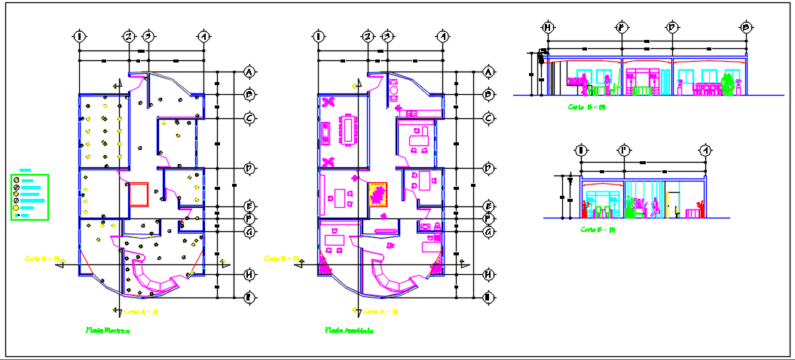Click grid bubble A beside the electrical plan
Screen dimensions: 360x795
point(249,72)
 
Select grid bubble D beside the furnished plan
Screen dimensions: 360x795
point(488,167)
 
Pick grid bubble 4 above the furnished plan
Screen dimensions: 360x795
point(443,36)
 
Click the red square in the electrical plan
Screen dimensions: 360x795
point(139,194)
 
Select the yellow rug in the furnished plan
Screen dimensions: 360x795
point(378,194)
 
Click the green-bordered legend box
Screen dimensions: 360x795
point(29,197)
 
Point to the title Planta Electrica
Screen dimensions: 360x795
point(108,330)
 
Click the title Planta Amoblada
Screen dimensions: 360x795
point(349,330)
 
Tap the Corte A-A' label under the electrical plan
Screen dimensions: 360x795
point(140,310)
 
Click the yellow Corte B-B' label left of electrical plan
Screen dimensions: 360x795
point(42,258)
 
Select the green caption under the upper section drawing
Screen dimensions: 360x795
point(587,107)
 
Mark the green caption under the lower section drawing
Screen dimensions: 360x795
point(598,229)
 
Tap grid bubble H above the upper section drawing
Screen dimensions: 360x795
point(548,28)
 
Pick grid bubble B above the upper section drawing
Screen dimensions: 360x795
point(746,28)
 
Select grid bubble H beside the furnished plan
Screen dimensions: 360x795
point(488,275)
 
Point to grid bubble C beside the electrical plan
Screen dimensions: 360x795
point(249,118)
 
